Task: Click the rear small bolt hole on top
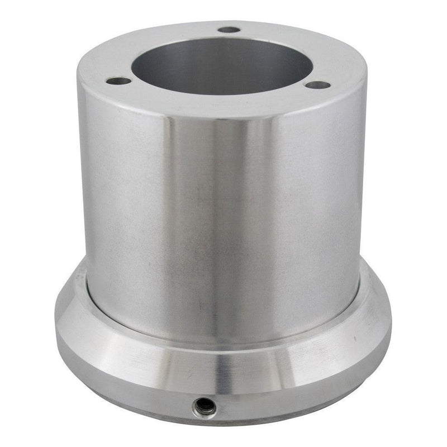point(229,30)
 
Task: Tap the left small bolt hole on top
point(118,82)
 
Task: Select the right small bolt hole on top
point(319,85)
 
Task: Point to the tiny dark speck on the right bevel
point(354,339)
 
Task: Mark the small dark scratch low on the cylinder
point(200,307)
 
